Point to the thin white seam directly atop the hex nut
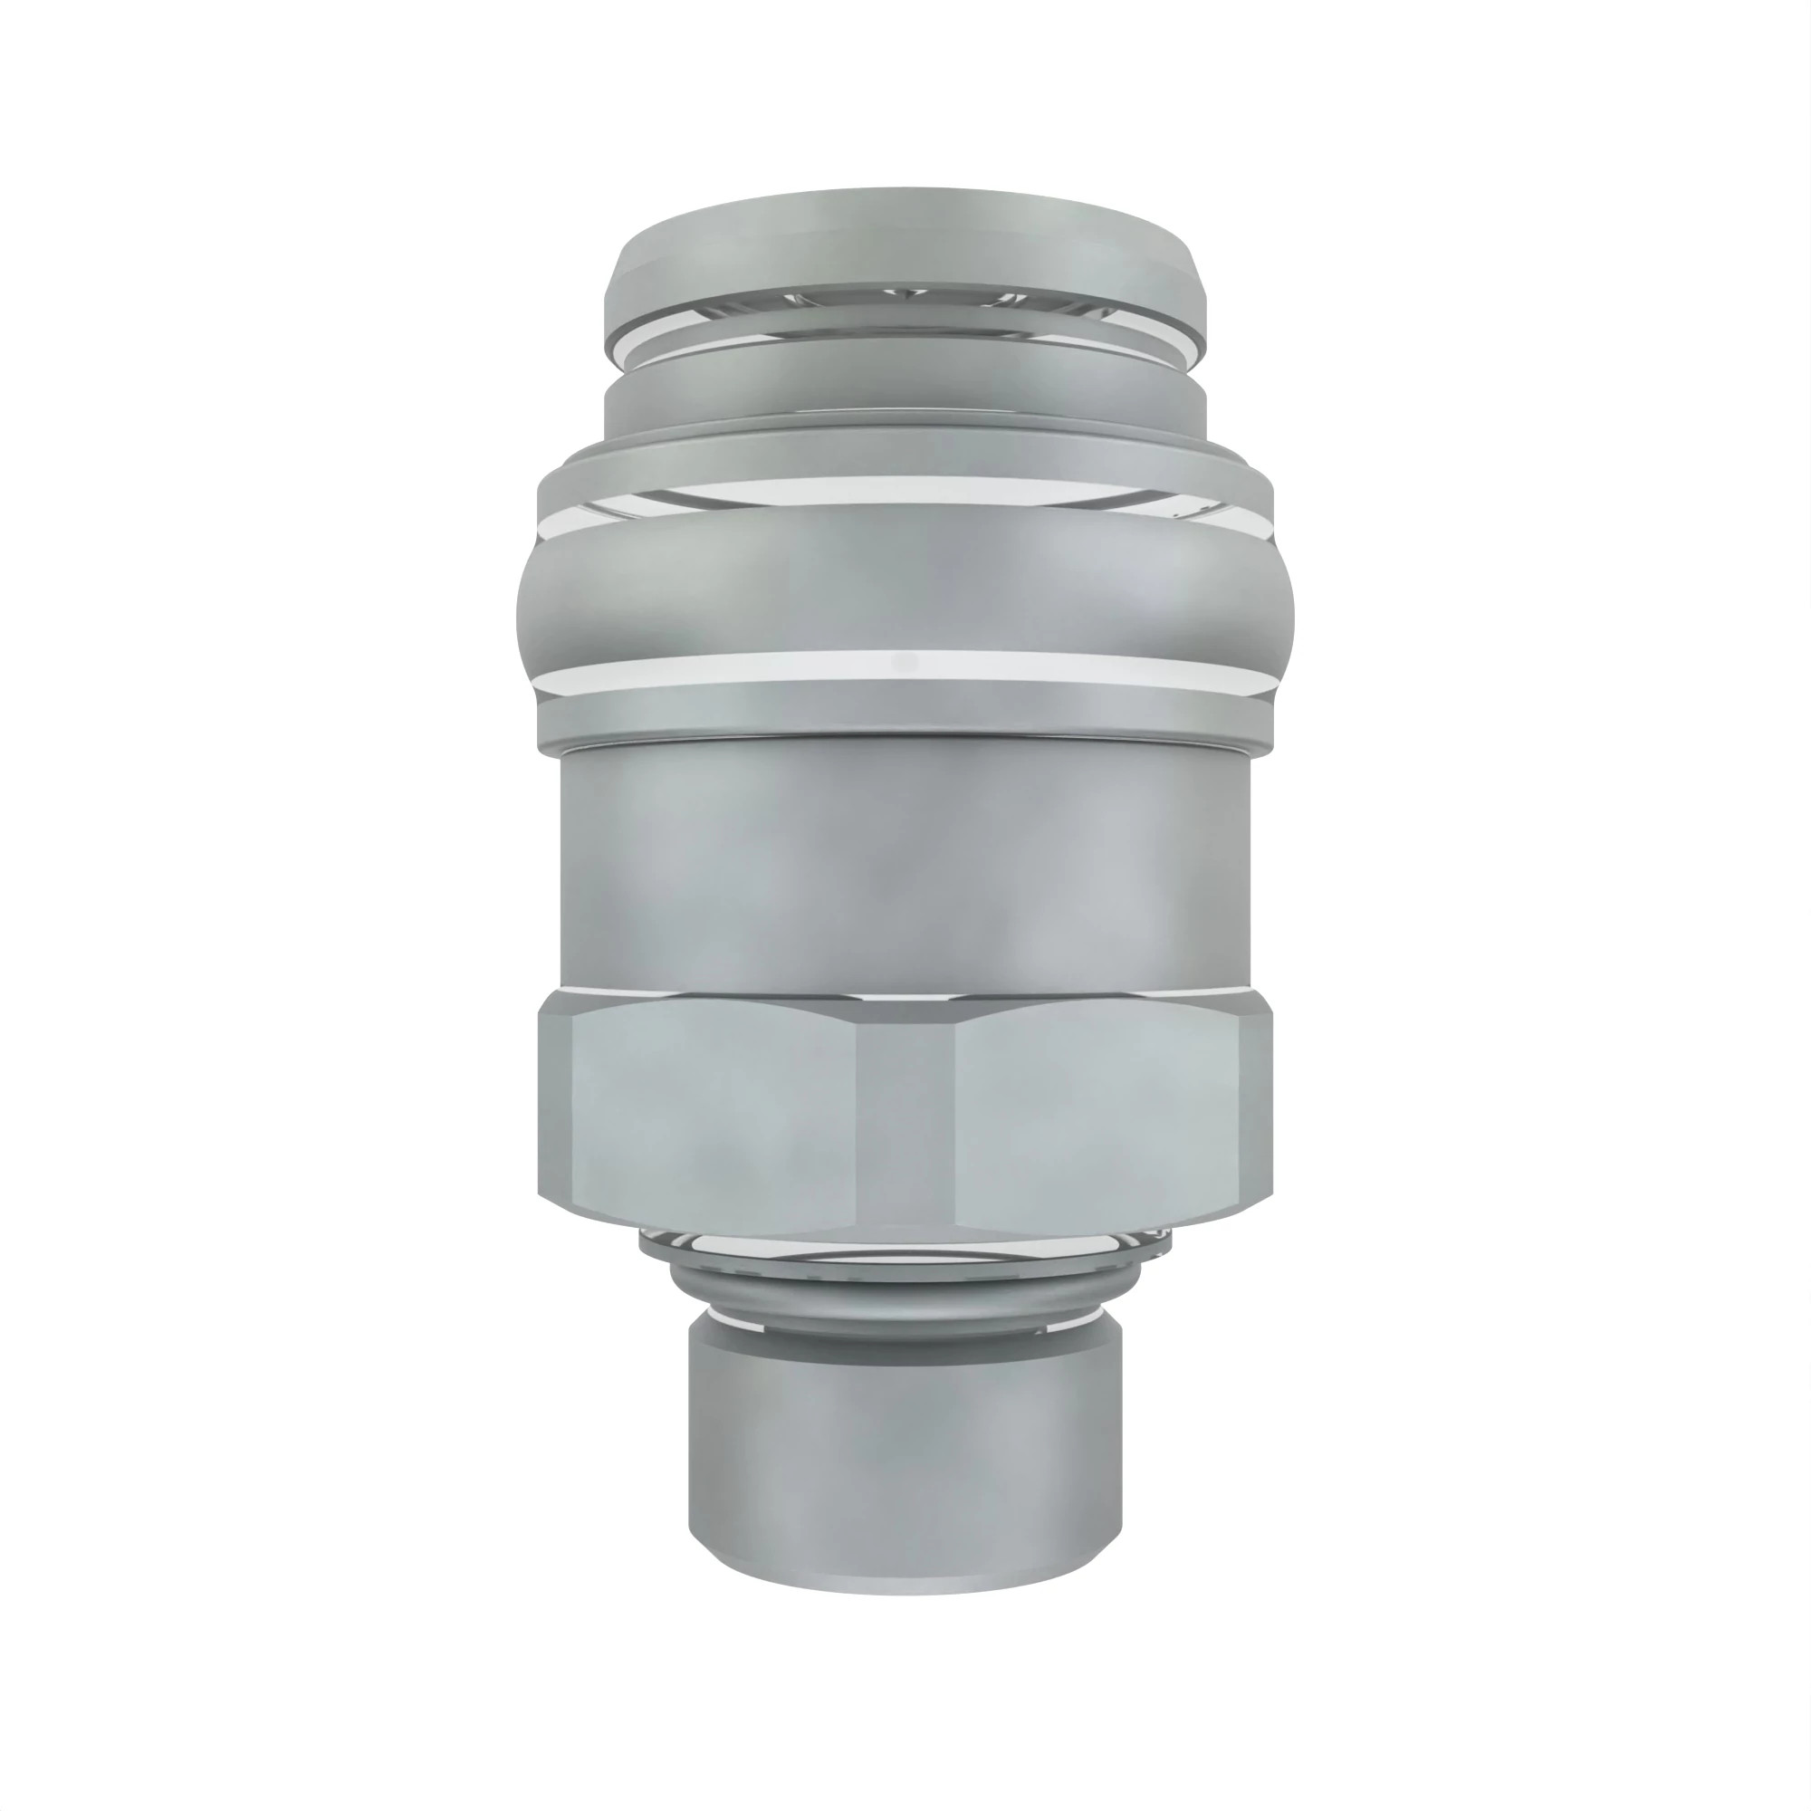pos(905,989)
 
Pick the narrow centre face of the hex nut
pos(905,1116)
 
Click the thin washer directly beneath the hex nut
pos(905,1246)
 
